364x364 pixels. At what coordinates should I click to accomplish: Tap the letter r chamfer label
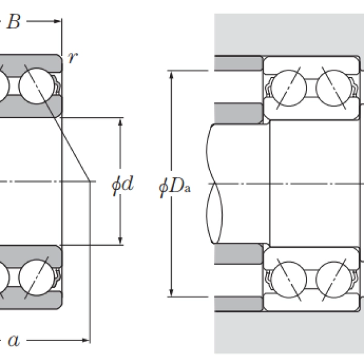(x=73, y=58)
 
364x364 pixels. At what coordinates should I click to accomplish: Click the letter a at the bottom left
(x=13, y=341)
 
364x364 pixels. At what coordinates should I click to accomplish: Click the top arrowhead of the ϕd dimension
(x=121, y=121)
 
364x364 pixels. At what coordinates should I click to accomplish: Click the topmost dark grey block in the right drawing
(x=238, y=62)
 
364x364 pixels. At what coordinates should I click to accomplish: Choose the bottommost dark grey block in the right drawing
(x=238, y=302)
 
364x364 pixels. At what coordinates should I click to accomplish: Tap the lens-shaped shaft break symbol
(x=216, y=182)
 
